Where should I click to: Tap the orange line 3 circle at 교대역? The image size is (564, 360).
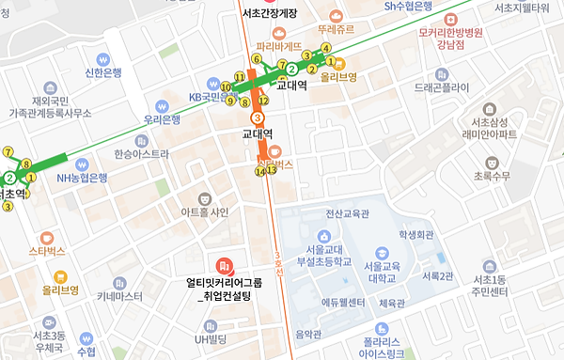[257, 117]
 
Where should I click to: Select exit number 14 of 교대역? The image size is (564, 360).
[259, 171]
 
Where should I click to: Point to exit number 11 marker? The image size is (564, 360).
[239, 78]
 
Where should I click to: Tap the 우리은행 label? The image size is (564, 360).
[161, 119]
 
